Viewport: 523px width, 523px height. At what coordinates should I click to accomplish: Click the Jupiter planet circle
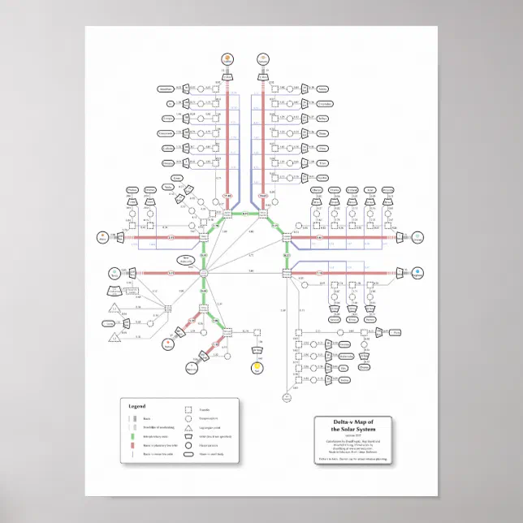228,58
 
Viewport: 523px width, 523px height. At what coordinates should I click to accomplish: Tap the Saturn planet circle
262,58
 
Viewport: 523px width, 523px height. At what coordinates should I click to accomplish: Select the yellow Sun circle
257,367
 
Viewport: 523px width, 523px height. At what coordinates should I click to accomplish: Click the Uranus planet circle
417,237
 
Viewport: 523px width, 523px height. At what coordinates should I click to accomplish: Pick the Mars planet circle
102,237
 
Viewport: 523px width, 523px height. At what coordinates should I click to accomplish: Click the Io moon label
171,103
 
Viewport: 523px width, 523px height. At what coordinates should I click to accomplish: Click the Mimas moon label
322,88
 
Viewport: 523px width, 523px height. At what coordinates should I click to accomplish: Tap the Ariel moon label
370,189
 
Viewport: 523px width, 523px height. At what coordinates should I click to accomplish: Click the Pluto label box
395,333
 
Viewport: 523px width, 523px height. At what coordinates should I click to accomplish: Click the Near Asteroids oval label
187,259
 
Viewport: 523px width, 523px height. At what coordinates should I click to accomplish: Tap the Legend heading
137,405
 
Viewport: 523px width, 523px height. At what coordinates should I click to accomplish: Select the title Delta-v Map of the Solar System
353,428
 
